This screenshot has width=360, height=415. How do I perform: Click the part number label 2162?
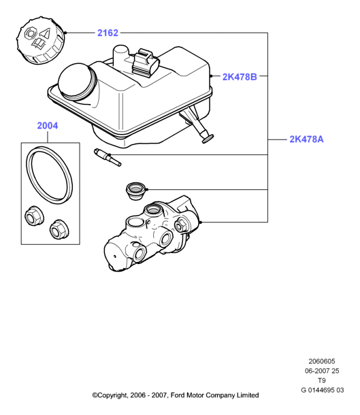pyautogui.click(x=108, y=33)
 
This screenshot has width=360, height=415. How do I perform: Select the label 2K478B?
pyautogui.click(x=240, y=77)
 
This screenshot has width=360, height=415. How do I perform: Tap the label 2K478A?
pyautogui.click(x=306, y=139)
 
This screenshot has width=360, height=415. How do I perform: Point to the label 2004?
pyautogui.click(x=48, y=125)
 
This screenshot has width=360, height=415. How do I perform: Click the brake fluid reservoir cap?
pyautogui.click(x=40, y=40)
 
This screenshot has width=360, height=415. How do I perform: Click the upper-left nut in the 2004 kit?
pyautogui.click(x=34, y=215)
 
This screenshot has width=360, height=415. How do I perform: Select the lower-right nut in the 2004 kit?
pyautogui.click(x=59, y=229)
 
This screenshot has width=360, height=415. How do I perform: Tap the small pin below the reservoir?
pyautogui.click(x=108, y=157)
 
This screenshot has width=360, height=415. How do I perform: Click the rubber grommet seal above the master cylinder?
pyautogui.click(x=135, y=190)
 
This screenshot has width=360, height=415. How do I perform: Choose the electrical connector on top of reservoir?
pyautogui.click(x=146, y=63)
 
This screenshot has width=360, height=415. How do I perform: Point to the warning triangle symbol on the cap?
pyautogui.click(x=46, y=33)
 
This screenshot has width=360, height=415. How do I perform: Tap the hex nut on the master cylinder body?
pyautogui.click(x=181, y=226)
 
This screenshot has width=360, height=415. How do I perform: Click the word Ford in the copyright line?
pyautogui.click(x=178, y=395)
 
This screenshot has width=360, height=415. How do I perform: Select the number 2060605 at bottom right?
pyautogui.click(x=322, y=361)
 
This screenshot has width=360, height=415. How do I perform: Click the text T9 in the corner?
pyautogui.click(x=322, y=380)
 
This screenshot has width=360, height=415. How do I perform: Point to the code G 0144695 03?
pyautogui.click(x=323, y=390)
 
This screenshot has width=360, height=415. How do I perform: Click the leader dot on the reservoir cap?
pyautogui.click(x=65, y=33)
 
